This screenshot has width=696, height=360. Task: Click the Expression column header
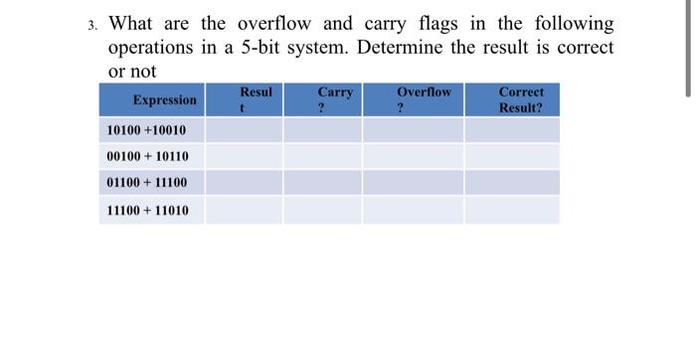coord(164,99)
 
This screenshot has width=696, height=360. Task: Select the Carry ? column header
coord(335,99)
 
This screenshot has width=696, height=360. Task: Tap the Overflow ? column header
coord(424,99)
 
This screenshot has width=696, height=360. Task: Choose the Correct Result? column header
coord(520,99)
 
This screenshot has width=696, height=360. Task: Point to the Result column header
coord(256,99)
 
